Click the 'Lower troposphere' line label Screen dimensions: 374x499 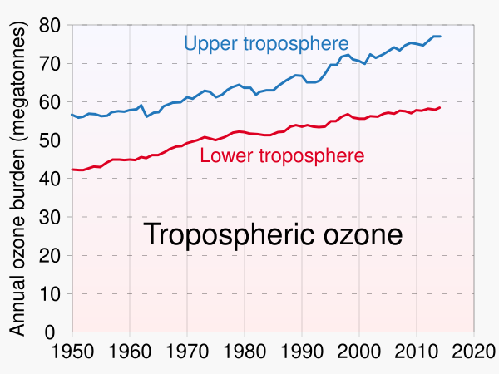tap(283, 155)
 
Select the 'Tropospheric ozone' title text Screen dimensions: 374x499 tap(274, 234)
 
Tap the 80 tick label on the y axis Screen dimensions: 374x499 tap(52, 25)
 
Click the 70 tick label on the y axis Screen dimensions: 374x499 tap(52, 63)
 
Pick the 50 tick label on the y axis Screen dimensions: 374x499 tap(52, 140)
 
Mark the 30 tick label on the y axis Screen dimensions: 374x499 tap(52, 217)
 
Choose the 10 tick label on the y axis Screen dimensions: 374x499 tap(52, 293)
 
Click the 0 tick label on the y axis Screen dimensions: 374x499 tap(57, 332)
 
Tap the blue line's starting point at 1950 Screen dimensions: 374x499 tap(72, 115)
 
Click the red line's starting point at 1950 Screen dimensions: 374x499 tap(72, 170)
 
